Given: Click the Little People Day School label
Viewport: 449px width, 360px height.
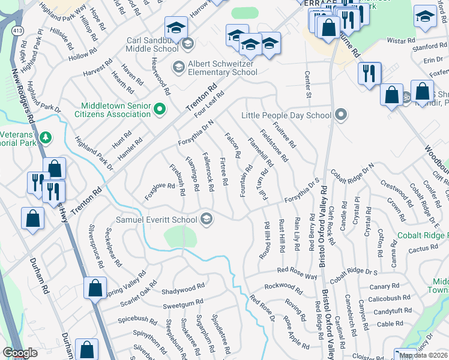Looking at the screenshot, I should tap(286, 115).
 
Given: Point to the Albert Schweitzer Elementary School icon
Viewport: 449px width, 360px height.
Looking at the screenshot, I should tap(178, 67).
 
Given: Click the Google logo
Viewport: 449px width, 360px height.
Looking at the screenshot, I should tap(20, 353).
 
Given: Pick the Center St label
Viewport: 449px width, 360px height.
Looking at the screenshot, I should tap(309, 85).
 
